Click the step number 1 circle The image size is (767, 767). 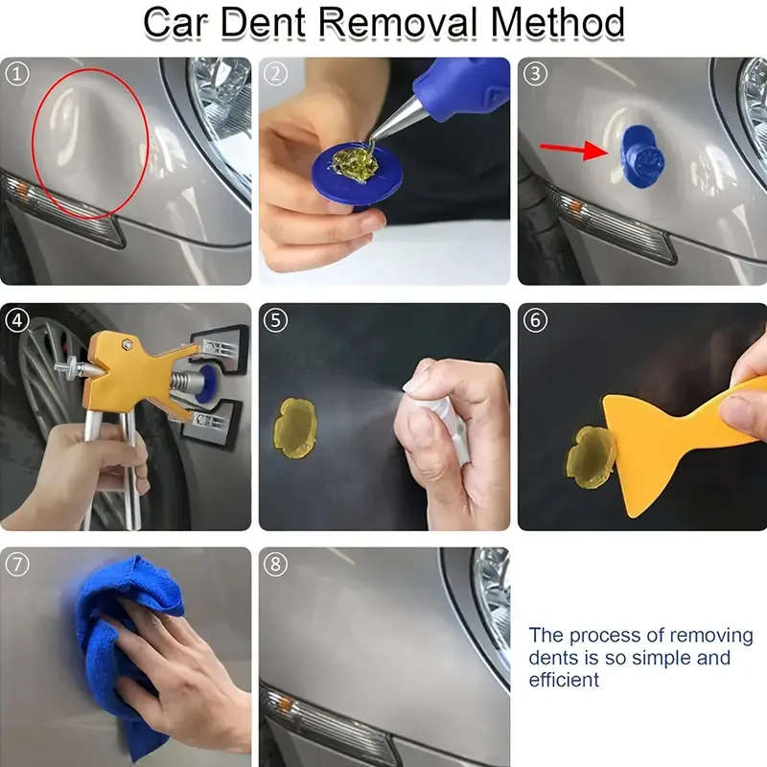point(16,73)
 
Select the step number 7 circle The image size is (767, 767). point(16,564)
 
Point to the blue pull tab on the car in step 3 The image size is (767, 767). point(639,159)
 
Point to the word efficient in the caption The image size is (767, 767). point(564,681)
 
